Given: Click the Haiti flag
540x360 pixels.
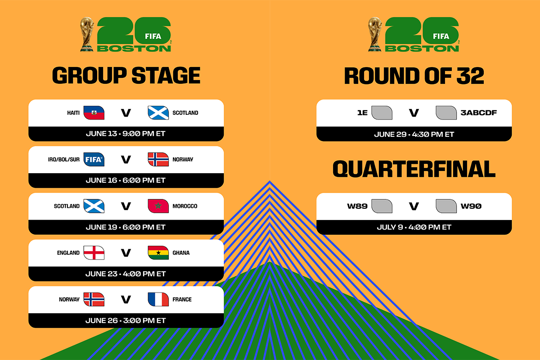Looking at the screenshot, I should pyautogui.click(x=94, y=113).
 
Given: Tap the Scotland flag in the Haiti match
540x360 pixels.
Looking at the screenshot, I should pyautogui.click(x=158, y=113).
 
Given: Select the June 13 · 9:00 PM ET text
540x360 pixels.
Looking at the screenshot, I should pyautogui.click(x=126, y=134).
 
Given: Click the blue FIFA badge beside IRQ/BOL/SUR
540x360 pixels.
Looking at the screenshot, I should pyautogui.click(x=94, y=159).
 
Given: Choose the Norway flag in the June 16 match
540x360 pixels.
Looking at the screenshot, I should pyautogui.click(x=158, y=159).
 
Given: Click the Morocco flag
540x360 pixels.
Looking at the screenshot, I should pyautogui.click(x=158, y=206).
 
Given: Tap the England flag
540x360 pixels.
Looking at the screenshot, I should pyautogui.click(x=94, y=253).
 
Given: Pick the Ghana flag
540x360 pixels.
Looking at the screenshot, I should pyautogui.click(x=158, y=253).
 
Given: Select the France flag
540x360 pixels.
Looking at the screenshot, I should pyautogui.click(x=158, y=299).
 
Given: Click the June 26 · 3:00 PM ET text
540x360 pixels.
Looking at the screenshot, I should pyautogui.click(x=126, y=320).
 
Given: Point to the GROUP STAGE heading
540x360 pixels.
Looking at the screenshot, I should pyautogui.click(x=126, y=76).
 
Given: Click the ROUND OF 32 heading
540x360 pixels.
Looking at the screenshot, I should pyautogui.click(x=414, y=76).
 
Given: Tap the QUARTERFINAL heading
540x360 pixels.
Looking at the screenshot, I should pyautogui.click(x=414, y=169).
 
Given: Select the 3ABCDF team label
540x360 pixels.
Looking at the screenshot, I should pyautogui.click(x=479, y=113).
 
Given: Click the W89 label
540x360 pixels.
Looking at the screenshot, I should pyautogui.click(x=357, y=206).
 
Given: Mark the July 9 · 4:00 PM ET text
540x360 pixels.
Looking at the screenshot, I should pyautogui.click(x=414, y=227).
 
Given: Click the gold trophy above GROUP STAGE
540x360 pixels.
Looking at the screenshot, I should pyautogui.click(x=87, y=34).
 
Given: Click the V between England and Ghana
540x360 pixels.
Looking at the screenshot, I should pyautogui.click(x=126, y=253).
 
